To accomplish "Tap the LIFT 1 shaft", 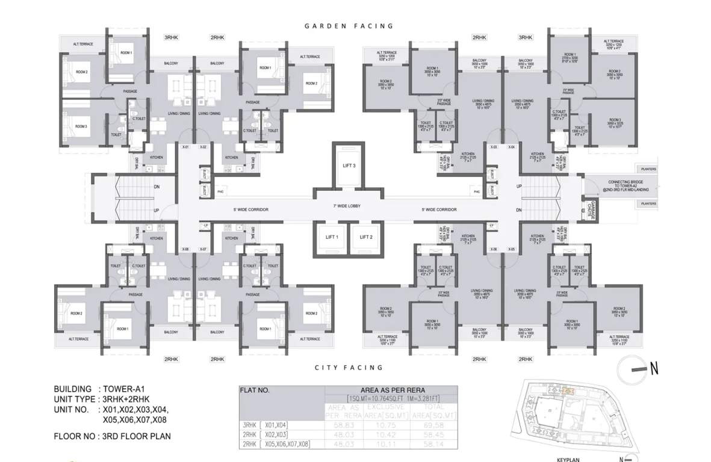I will pyautogui.click(x=331, y=237).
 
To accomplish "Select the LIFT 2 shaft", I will pyautogui.click(x=365, y=237).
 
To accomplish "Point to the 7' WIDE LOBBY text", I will pyautogui.click(x=347, y=206).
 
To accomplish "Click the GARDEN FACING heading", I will pyautogui.click(x=349, y=26).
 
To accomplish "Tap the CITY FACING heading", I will pyautogui.click(x=349, y=367).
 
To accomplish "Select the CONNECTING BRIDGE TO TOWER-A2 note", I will pyautogui.click(x=610, y=185).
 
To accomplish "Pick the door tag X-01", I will pyautogui.click(x=185, y=147).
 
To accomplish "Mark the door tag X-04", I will pyautogui.click(x=512, y=147).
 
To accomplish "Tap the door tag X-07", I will pyautogui.click(x=203, y=249).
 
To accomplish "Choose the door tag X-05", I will pyautogui.click(x=512, y=249).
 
